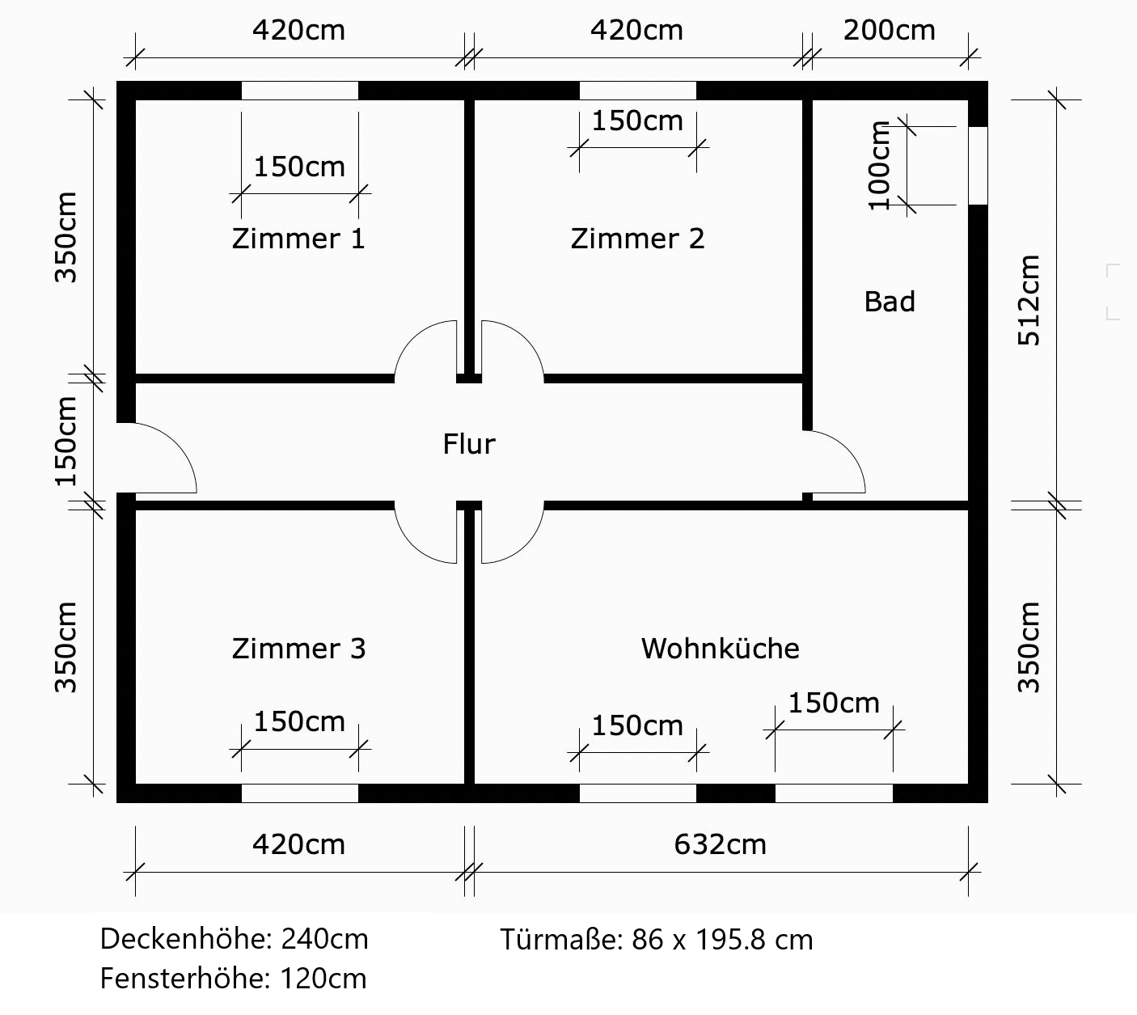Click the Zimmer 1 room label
tap(298, 239)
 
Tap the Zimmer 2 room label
tap(637, 239)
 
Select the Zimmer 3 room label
tap(298, 649)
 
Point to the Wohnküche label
tap(720, 649)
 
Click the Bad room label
tap(890, 302)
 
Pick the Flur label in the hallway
tap(468, 444)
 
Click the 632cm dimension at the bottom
tap(720, 844)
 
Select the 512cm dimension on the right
tap(1029, 301)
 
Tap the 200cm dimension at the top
tap(889, 31)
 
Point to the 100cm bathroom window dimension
tap(879, 166)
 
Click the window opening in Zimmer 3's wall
tap(299, 793)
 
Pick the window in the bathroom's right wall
tap(978, 166)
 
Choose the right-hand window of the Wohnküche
tap(834, 793)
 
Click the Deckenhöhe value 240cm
tap(324, 940)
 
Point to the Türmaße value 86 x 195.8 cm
tap(722, 940)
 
